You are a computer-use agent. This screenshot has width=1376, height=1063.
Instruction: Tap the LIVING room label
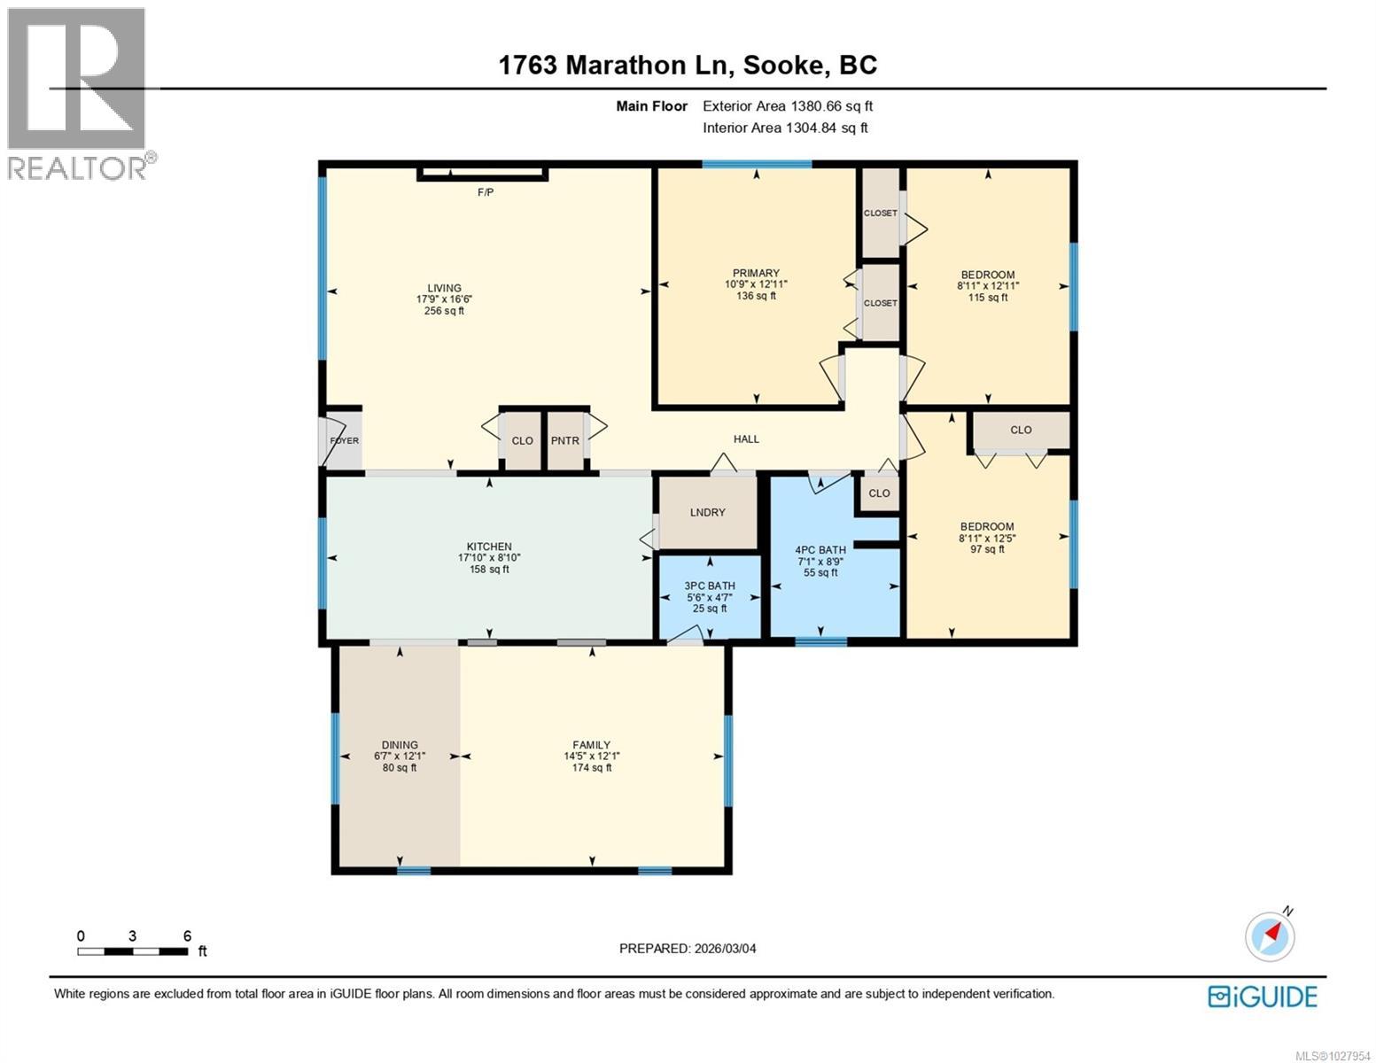pos(444,288)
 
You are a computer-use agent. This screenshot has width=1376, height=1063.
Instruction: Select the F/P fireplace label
pos(486,192)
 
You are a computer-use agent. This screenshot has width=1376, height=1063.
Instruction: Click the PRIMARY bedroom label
pos(756,274)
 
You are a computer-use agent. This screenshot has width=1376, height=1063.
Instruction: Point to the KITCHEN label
pos(489,547)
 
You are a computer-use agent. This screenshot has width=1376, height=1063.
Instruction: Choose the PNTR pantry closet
pos(564,440)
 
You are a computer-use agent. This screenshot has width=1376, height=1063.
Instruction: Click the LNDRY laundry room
pos(707,513)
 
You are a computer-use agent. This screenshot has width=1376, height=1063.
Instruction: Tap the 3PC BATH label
pos(710,586)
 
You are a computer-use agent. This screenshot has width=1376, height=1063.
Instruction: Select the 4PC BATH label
pos(820,550)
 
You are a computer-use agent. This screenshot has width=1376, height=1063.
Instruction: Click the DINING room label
pos(400,745)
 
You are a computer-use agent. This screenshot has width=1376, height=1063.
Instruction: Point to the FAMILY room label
pos(591,745)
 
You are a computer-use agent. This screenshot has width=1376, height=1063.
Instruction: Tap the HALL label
pos(746,438)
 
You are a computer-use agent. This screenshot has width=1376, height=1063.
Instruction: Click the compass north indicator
pos(1271,935)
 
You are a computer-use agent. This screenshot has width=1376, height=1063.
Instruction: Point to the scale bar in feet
pos(133,951)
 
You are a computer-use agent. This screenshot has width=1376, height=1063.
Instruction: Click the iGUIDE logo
pos(1263,997)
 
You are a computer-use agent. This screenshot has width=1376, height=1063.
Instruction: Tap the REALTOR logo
pos(78,94)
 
